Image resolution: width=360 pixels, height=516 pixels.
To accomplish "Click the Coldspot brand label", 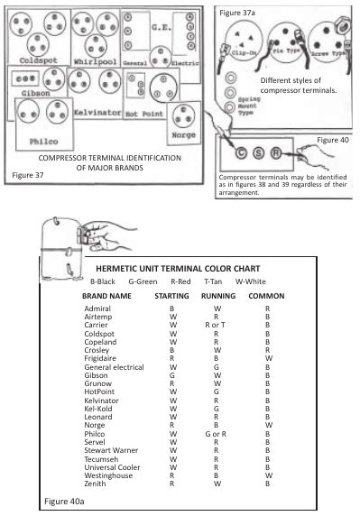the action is [38, 60].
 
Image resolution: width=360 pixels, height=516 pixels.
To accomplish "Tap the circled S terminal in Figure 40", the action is [260, 152].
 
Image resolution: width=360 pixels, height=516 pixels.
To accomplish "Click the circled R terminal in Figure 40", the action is [278, 152].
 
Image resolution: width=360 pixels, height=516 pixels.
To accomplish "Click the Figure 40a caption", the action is [65, 499].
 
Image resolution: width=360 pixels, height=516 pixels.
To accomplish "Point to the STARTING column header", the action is [172, 295].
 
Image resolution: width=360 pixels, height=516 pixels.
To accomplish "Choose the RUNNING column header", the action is [217, 295].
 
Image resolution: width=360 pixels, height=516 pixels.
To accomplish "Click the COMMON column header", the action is [266, 295].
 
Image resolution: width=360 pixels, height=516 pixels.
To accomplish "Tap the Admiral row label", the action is [97, 309].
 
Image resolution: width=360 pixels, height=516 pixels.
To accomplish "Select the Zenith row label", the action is [94, 484].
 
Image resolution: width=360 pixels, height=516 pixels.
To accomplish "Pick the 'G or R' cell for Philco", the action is [217, 434].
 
